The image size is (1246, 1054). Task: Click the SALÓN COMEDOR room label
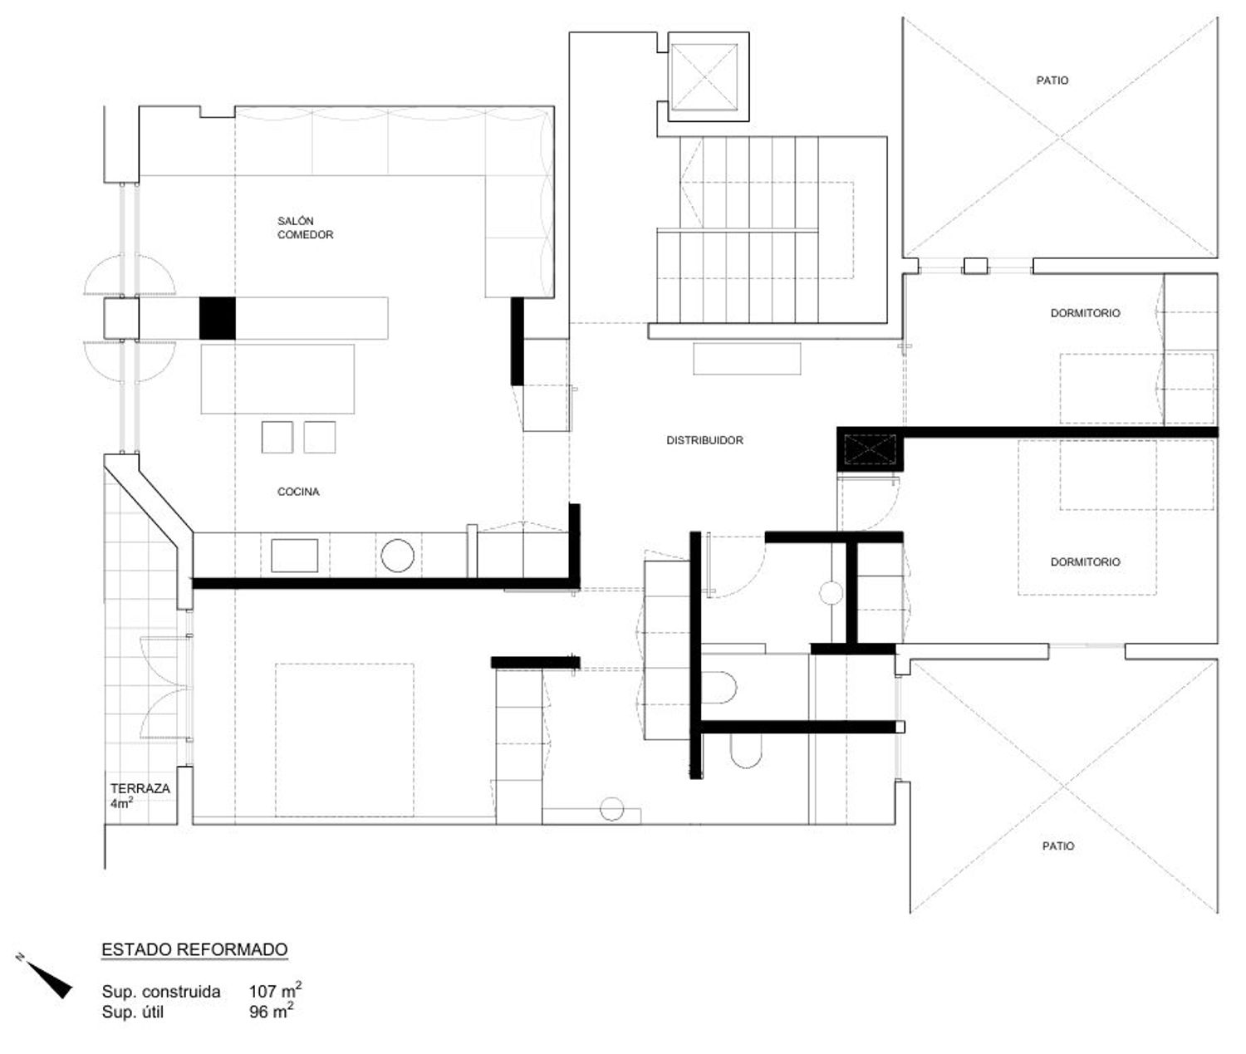click(305, 228)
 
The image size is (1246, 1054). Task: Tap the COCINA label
click(298, 492)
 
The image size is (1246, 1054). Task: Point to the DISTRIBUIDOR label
click(704, 440)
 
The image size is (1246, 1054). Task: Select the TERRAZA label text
click(140, 788)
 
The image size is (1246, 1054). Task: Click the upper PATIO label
click(1052, 80)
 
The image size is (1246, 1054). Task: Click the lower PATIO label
click(1058, 846)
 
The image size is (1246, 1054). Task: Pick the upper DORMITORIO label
click(1086, 313)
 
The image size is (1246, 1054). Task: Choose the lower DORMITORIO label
click(1086, 561)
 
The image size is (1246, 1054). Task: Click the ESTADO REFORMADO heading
click(194, 949)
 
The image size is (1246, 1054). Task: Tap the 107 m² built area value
click(276, 991)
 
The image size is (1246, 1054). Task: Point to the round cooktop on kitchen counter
click(397, 555)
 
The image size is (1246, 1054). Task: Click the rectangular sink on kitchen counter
click(294, 555)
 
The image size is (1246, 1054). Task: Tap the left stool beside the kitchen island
click(277, 437)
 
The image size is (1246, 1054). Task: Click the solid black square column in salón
click(217, 317)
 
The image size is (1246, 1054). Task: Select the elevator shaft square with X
click(704, 76)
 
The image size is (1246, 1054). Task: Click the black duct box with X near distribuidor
click(870, 449)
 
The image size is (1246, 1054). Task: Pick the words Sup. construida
click(161, 992)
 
